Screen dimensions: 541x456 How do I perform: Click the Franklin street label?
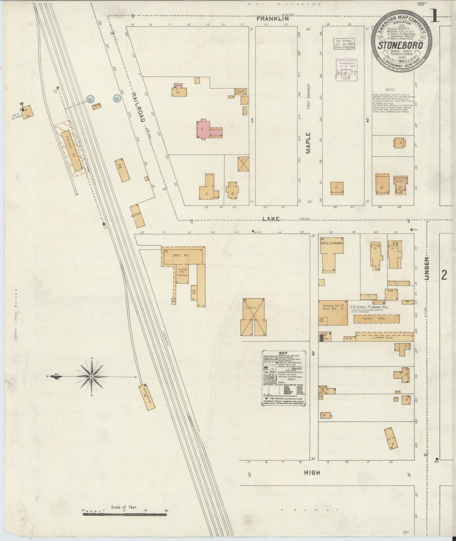[273, 19]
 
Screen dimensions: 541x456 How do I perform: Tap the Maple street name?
[308, 143]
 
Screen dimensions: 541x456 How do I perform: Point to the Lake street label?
[271, 219]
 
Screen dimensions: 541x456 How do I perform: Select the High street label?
[312, 473]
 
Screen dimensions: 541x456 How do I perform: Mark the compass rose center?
[92, 376]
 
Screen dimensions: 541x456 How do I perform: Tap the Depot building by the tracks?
[138, 216]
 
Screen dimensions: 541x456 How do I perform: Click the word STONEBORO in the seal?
[400, 45]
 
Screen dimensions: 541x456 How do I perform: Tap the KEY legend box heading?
[284, 354]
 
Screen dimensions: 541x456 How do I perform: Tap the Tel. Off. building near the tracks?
[122, 170]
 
